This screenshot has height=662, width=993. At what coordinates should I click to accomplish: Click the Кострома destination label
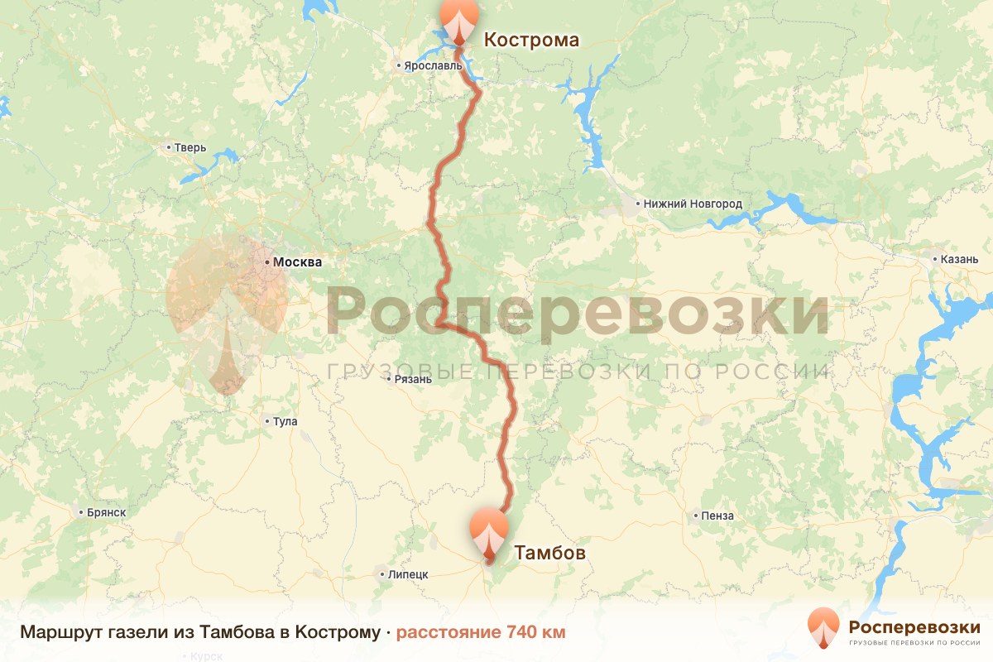point(530,40)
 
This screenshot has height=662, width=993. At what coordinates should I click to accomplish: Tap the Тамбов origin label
point(550,552)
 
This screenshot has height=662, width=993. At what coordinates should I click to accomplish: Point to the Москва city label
point(297,262)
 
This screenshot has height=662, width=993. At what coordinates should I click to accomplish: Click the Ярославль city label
point(427,65)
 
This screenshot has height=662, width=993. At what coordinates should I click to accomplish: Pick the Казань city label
point(959,259)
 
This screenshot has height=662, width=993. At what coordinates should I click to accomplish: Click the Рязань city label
point(413,380)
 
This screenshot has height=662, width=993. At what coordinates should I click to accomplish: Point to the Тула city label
point(285,422)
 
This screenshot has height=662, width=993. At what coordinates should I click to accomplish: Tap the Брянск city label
point(106,513)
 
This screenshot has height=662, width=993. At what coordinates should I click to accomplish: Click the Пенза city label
point(717,516)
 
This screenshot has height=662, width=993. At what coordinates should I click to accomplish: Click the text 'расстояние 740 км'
point(481,633)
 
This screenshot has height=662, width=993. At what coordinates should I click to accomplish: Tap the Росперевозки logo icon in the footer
point(823,627)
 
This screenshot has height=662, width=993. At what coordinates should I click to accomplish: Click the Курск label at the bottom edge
point(206,656)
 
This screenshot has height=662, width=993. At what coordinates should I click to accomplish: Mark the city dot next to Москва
point(267,262)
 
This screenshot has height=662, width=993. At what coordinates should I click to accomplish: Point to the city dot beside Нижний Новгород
point(638,204)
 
